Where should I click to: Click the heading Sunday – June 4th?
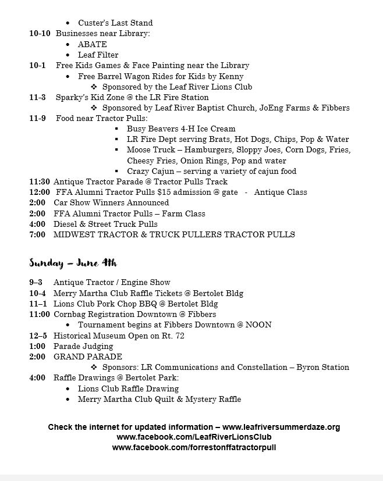(x=73, y=262)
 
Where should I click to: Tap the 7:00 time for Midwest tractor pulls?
(x=37, y=234)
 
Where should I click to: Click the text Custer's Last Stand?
(x=115, y=23)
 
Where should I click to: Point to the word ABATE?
(x=93, y=44)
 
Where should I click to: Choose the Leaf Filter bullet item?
(x=98, y=55)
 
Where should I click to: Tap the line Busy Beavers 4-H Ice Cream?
(x=181, y=129)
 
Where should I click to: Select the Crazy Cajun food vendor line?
(x=211, y=171)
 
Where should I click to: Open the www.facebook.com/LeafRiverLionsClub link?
(x=194, y=437)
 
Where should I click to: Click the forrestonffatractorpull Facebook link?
(x=194, y=447)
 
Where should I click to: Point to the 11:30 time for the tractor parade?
(x=40, y=181)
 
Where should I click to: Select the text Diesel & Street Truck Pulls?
(x=105, y=224)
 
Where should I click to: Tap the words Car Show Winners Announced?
(x=111, y=202)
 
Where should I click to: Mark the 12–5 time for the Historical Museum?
(x=38, y=336)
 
